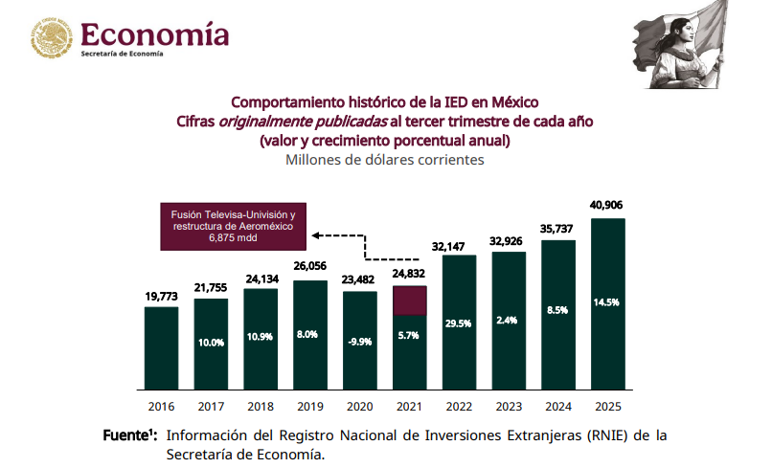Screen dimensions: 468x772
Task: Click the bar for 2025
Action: click(608, 306)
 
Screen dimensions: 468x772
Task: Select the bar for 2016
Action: click(161, 350)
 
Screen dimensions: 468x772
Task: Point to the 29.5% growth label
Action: click(459, 323)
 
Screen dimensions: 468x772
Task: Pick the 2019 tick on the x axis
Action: click(310, 407)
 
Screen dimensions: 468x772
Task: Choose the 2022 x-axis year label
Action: click(459, 407)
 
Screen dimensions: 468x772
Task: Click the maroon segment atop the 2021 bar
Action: click(409, 301)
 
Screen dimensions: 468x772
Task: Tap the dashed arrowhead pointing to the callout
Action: click(316, 234)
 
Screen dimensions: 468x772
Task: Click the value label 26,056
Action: click(310, 267)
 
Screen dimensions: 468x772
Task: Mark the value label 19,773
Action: click(161, 297)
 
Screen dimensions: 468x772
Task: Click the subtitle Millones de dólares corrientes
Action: click(385, 160)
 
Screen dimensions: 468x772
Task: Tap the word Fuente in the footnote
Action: click(125, 435)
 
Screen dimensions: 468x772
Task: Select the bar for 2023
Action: click(509, 323)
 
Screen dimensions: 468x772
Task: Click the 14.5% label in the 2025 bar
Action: click(607, 302)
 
